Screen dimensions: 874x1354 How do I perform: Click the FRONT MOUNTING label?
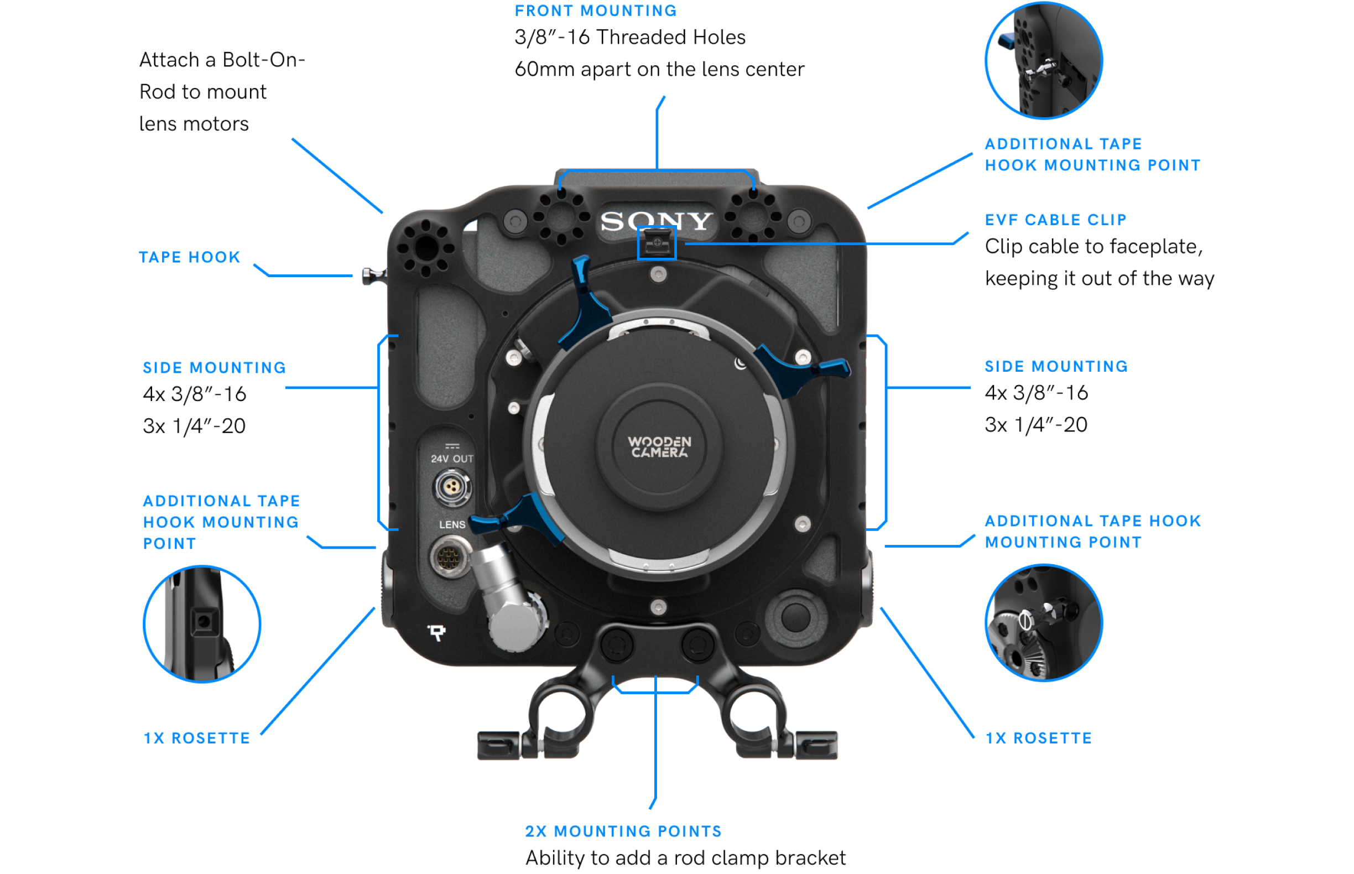coord(595,11)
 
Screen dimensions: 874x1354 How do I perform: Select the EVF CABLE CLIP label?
coord(1055,220)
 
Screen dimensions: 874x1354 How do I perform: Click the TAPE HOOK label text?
coord(190,257)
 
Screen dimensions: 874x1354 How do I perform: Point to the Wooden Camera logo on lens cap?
coord(659,446)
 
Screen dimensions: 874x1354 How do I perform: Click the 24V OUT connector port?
coord(452,487)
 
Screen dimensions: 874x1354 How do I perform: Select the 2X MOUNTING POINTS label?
coord(623,831)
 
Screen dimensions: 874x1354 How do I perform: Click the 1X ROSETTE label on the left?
coord(196,738)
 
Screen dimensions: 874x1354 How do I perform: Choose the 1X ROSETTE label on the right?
coord(1038,738)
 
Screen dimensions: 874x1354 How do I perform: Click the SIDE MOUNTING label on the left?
coord(214,368)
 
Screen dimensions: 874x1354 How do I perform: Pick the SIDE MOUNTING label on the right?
coord(1055,367)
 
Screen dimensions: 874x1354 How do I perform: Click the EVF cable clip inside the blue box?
coord(657,244)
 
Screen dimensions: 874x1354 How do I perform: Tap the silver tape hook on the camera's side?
coord(372,277)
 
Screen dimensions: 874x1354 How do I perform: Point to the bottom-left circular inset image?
coord(202,624)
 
